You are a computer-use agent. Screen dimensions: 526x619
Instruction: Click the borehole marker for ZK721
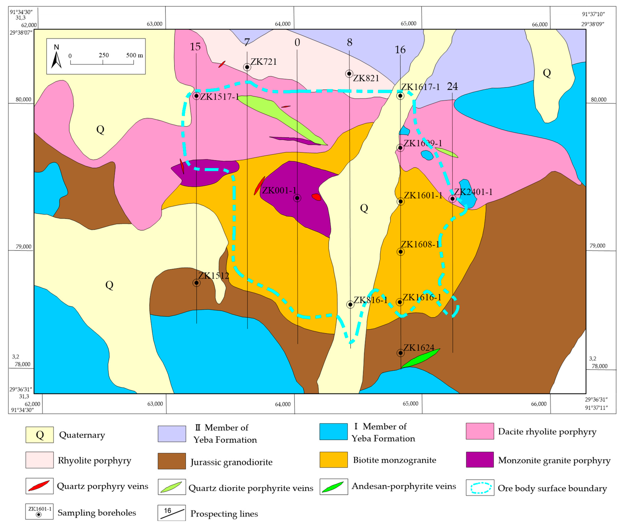pos(247,67)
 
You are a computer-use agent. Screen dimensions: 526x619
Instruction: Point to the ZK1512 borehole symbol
pos(196,283)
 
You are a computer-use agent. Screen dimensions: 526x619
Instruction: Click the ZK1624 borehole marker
pos(400,353)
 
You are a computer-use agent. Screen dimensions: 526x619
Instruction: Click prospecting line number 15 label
pos(195,47)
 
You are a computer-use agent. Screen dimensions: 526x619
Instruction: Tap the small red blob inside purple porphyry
pos(316,197)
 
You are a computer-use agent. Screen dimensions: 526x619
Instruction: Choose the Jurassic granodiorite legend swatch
pos(172,461)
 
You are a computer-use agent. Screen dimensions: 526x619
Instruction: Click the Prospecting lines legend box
pos(172,513)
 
